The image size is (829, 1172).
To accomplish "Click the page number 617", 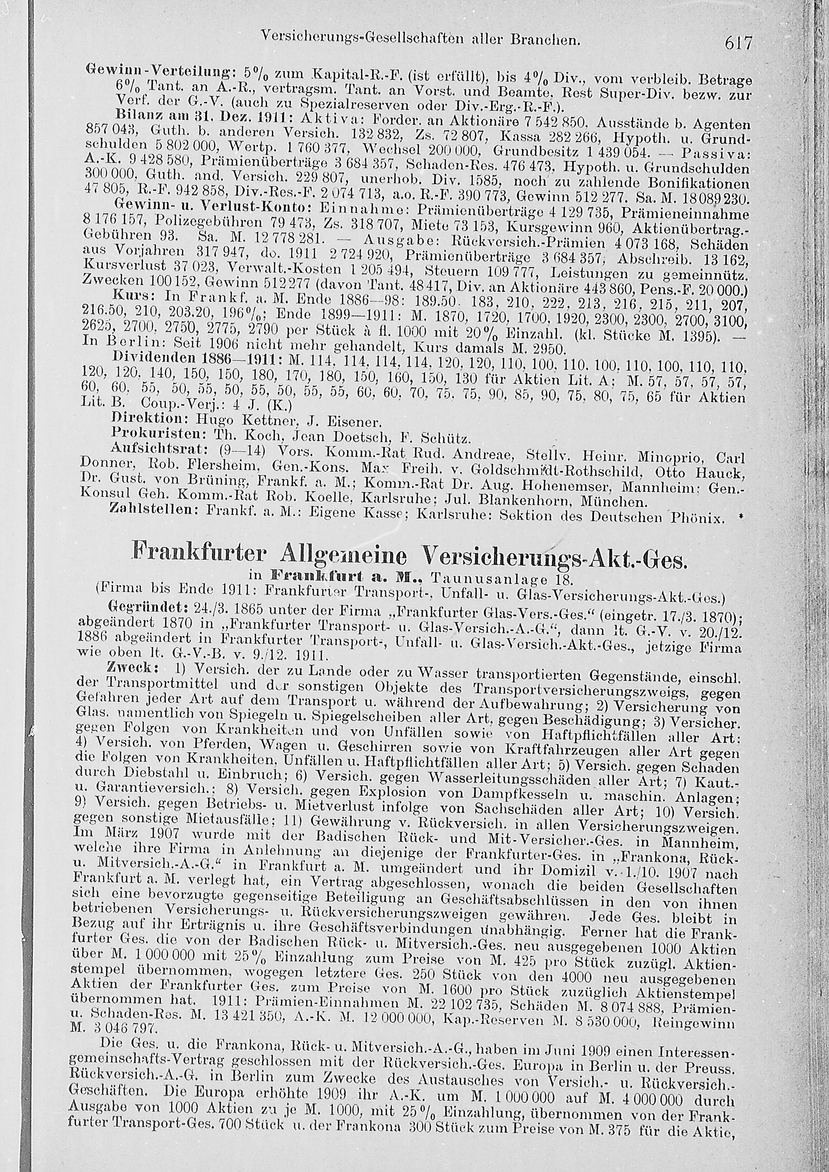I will [738, 44].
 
